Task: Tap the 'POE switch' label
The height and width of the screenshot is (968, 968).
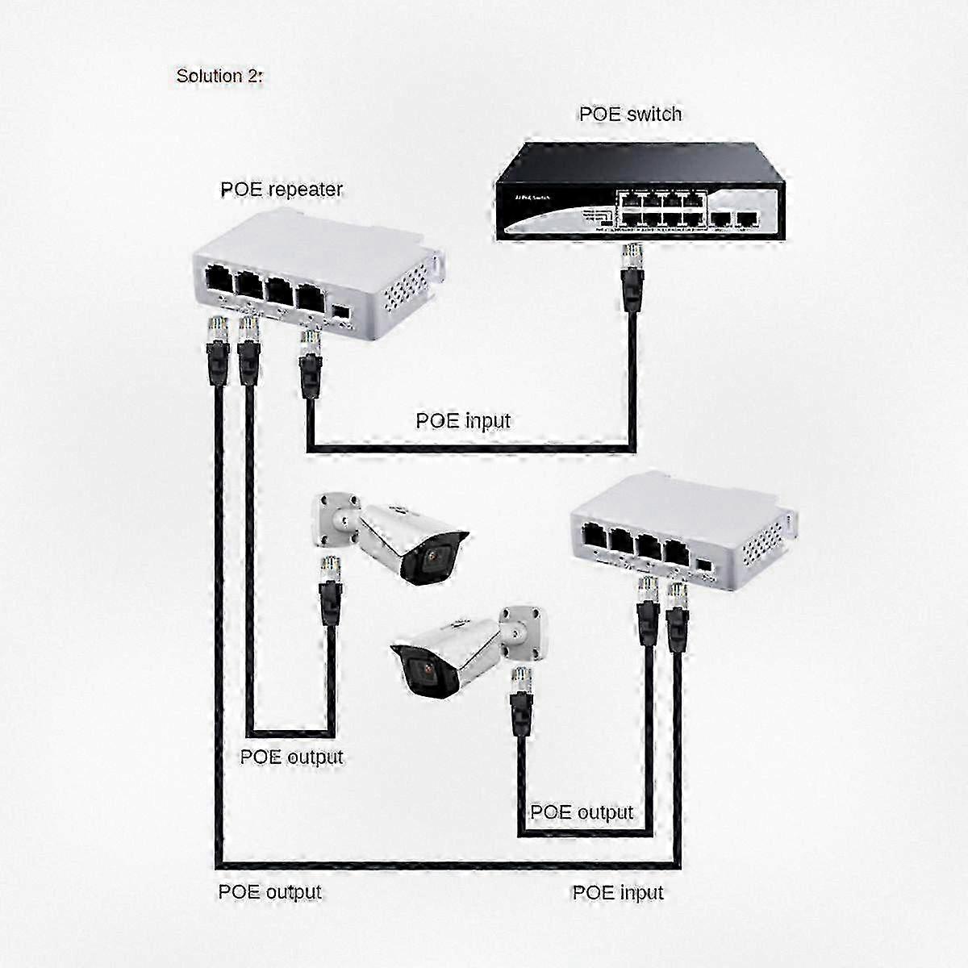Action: pyautogui.click(x=630, y=115)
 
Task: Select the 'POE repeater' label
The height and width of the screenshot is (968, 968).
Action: pyautogui.click(x=281, y=190)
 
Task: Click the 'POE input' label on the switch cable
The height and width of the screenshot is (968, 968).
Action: pyautogui.click(x=463, y=420)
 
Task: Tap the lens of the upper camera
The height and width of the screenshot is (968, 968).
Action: pyautogui.click(x=436, y=556)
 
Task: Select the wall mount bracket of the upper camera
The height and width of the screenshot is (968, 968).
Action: pyautogui.click(x=336, y=519)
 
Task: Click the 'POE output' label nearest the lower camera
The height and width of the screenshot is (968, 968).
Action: pyautogui.click(x=581, y=812)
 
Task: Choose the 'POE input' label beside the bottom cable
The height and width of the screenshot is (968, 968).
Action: pyautogui.click(x=617, y=892)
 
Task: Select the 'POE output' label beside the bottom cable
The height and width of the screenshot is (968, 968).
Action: pyautogui.click(x=269, y=892)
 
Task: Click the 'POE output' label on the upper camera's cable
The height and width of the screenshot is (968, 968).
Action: pyautogui.click(x=291, y=757)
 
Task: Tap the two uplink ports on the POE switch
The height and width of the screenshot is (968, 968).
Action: pyautogui.click(x=733, y=219)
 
